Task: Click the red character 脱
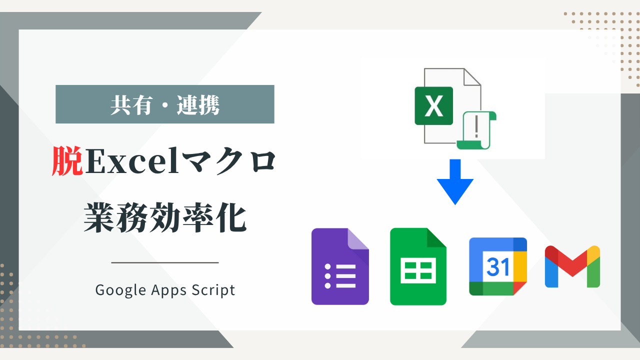67,161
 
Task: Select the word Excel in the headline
132,161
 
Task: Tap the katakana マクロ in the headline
228,161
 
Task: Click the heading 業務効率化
165,217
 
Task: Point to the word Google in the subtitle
121,290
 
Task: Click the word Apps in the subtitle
169,290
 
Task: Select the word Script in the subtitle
213,290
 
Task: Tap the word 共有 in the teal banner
131,105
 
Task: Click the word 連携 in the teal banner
198,105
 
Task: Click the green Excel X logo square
433,105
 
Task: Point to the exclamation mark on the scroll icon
476,127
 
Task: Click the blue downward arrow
455,182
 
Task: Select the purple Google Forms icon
340,266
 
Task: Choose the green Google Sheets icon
418,266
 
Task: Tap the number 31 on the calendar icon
498,266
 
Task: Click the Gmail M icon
572,266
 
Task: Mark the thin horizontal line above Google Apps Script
165,262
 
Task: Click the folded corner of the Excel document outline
472,77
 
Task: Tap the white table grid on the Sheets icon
418,270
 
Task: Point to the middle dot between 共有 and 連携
164,105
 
